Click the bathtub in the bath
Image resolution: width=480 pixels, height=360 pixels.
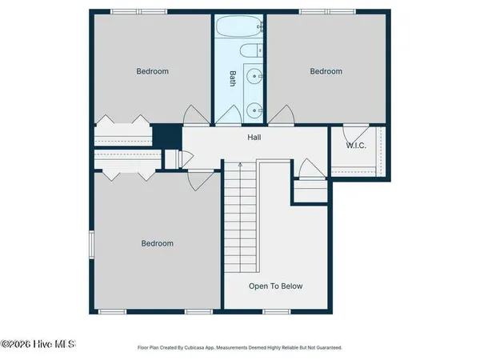click(239, 27)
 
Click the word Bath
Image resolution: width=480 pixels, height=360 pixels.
click(233, 78)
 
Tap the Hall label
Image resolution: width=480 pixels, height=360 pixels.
click(254, 137)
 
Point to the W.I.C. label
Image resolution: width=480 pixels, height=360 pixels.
click(356, 146)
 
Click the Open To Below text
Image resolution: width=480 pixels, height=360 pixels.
click(275, 286)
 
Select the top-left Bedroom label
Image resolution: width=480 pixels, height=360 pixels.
click(152, 71)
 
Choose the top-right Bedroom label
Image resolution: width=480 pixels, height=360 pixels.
click(326, 71)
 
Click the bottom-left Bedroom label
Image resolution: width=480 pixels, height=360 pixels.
click(158, 243)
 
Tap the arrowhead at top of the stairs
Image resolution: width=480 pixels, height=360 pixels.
click(240, 164)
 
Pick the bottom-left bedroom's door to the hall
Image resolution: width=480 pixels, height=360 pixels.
click(194, 180)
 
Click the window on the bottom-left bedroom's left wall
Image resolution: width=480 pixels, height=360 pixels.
click(91, 245)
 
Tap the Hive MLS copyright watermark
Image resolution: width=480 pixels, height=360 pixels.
click(38, 344)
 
